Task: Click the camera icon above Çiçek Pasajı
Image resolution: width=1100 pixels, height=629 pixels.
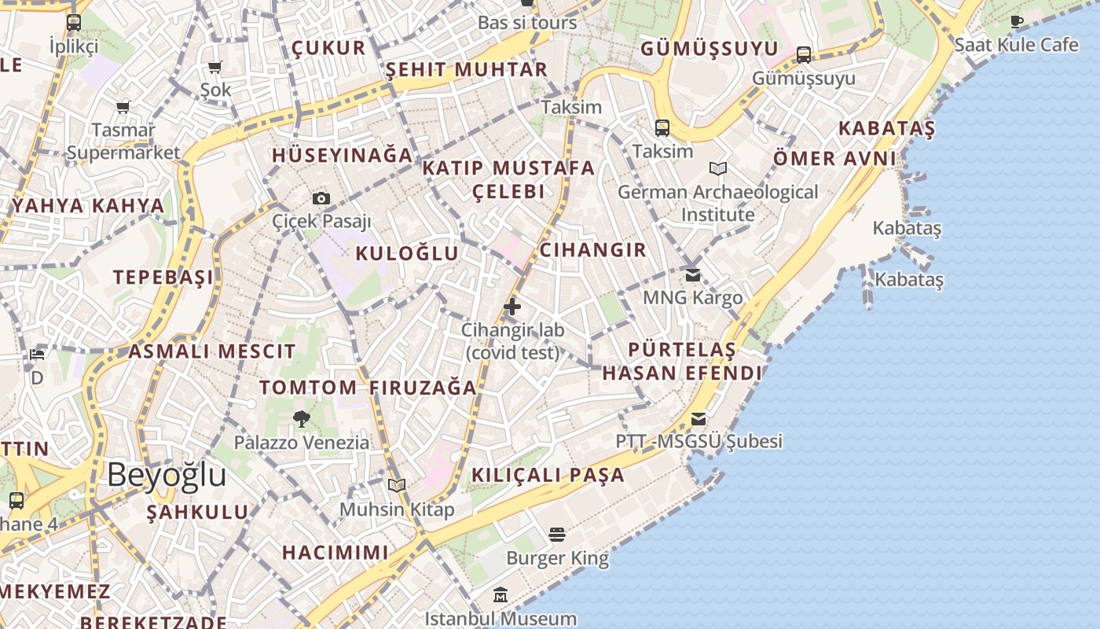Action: (321, 198)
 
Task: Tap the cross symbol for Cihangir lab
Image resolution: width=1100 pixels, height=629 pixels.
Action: (512, 306)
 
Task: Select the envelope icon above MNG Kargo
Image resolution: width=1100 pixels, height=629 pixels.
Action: (692, 275)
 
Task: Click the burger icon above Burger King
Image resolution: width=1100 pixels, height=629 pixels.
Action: (557, 535)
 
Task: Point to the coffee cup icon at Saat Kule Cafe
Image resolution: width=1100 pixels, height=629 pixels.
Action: (1017, 21)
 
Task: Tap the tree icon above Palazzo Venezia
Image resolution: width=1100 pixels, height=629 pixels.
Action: (301, 419)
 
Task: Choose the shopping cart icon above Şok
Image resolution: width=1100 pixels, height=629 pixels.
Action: (215, 68)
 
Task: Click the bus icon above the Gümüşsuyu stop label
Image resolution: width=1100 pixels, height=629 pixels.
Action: (803, 55)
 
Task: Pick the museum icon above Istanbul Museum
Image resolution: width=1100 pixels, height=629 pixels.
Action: (500, 595)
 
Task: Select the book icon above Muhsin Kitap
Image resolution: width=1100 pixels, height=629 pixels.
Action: (397, 486)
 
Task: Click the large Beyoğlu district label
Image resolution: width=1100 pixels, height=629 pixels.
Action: (167, 475)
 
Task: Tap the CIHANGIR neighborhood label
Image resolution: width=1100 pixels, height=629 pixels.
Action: (592, 250)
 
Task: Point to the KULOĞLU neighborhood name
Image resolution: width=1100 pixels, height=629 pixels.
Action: (407, 253)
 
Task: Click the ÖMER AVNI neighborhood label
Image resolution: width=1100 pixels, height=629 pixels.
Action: (834, 158)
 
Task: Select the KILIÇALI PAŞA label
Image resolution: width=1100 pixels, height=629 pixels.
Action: (548, 475)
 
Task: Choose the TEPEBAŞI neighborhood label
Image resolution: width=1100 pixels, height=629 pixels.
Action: (163, 277)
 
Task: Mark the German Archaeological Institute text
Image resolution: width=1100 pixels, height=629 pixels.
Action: (717, 203)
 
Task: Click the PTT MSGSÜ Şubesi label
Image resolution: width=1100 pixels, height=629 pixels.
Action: (698, 441)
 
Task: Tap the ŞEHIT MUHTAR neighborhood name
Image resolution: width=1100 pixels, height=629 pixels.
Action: (466, 69)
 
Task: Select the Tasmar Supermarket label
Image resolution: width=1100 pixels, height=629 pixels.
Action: (123, 141)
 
